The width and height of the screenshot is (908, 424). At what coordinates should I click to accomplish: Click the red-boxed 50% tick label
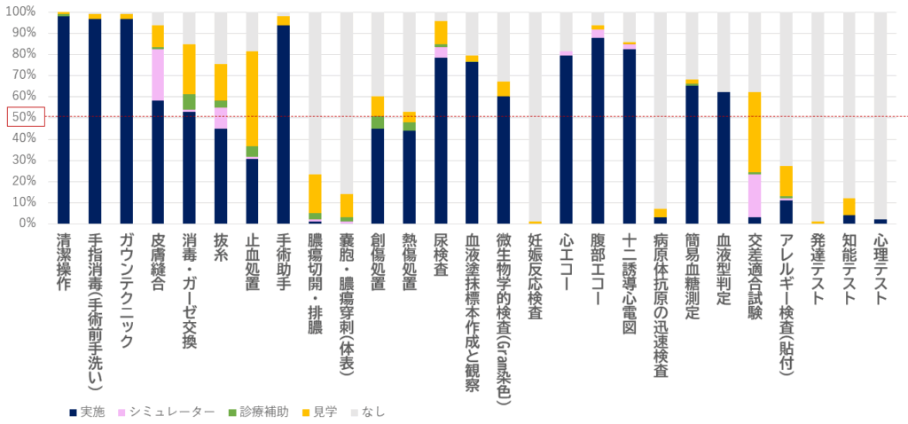24,117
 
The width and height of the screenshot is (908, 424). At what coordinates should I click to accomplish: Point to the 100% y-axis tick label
22,12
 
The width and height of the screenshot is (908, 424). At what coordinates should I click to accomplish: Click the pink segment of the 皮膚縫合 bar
158,75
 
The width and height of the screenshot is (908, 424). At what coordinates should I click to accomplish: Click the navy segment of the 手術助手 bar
283,124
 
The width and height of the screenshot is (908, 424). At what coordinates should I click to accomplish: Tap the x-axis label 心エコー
566,258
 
